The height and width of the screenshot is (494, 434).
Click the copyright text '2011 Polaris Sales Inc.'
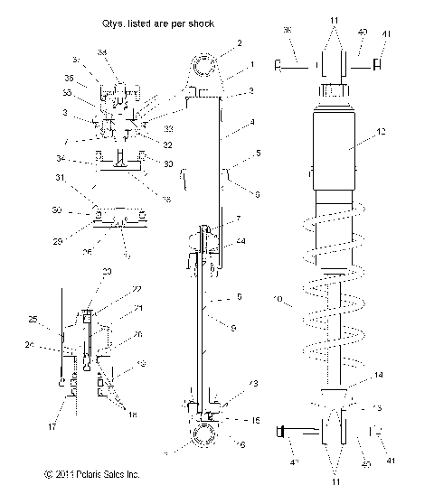(90, 473)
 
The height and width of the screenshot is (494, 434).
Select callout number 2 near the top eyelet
(239, 42)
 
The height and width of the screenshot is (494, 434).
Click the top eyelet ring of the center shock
(205, 68)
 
